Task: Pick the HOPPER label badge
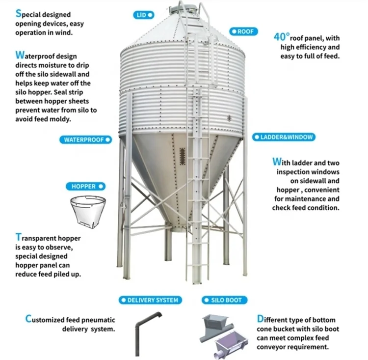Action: click(x=86, y=187)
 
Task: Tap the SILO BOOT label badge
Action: click(x=223, y=300)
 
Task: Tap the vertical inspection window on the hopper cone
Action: click(x=183, y=158)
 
